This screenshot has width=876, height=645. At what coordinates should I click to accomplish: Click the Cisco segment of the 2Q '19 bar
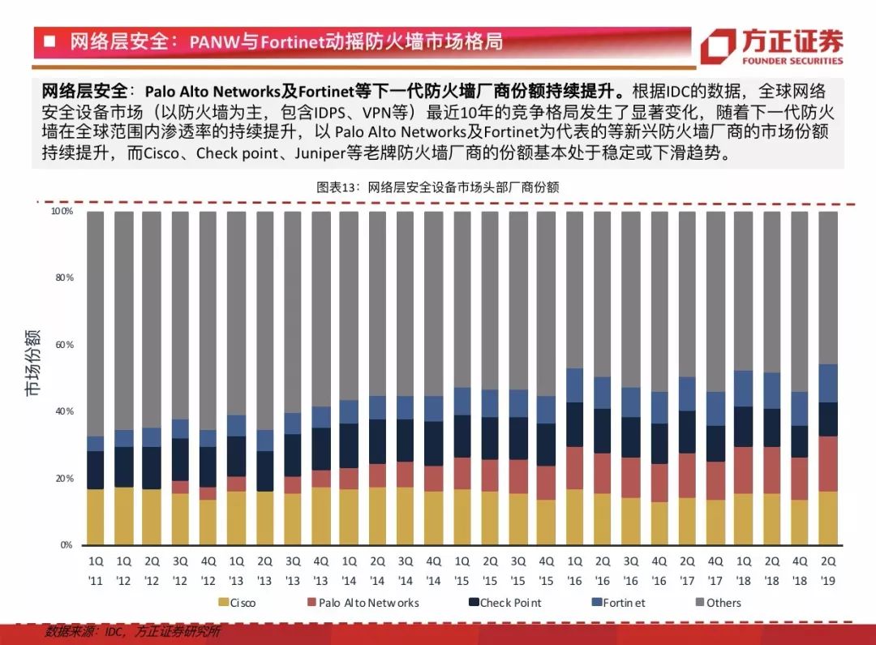coord(828,518)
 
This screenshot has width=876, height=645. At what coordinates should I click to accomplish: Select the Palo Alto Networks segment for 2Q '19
coord(828,463)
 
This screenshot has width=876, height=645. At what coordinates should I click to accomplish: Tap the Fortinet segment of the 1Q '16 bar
coord(575,385)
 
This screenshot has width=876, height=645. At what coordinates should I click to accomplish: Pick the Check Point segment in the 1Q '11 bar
coord(96,470)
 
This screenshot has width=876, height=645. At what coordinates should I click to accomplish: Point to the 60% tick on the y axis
coord(63,345)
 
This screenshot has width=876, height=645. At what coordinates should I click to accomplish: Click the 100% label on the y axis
coord(62,211)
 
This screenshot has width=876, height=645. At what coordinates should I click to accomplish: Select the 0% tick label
coord(66,545)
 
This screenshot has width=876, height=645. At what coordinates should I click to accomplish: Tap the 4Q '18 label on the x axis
coord(800,570)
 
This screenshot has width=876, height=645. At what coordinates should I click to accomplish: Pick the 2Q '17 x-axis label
coord(687,570)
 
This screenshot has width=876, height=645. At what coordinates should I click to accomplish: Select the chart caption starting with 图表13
coord(437,187)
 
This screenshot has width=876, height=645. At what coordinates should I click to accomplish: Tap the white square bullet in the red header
coord(49,41)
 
